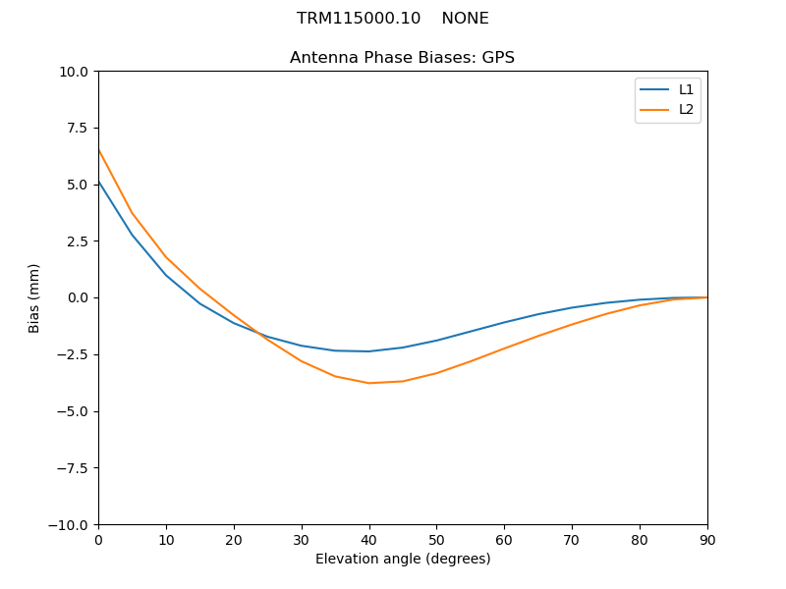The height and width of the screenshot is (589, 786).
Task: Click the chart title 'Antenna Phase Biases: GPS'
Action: click(402, 58)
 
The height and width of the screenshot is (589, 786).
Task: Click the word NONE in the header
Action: click(465, 19)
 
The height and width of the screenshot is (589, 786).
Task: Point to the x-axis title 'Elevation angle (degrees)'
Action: click(403, 560)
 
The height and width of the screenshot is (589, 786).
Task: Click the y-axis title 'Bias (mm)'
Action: click(34, 297)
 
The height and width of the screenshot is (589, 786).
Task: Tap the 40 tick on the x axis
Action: click(369, 539)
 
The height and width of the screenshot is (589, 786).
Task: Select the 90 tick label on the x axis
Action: click(707, 539)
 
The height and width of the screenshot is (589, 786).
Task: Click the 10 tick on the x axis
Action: click(166, 539)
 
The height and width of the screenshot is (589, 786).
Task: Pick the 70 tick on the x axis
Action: click(572, 539)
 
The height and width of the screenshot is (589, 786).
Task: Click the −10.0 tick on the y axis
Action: click(73, 525)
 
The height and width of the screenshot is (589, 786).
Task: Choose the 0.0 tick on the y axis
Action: click(80, 298)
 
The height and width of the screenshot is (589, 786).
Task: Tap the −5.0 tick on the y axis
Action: click(76, 411)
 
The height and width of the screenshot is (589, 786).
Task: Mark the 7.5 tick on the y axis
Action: click(80, 129)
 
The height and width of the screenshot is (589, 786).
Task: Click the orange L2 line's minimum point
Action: click(369, 383)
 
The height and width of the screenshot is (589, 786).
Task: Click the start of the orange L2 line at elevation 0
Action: click(99, 150)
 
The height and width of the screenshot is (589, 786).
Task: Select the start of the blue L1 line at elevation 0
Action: click(99, 182)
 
